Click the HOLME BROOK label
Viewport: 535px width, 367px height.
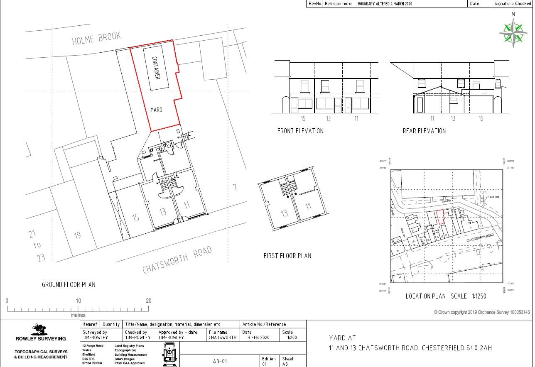96,38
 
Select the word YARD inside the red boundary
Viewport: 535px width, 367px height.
156,110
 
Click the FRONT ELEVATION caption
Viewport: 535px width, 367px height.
300,131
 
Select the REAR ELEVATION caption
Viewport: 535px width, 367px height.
424,131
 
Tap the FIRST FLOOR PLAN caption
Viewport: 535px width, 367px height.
287,256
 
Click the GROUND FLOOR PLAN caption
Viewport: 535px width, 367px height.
69,285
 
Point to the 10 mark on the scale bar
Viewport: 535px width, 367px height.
78,301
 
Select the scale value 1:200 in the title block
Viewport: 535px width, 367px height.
292,338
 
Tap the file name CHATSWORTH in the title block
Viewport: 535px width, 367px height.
222,338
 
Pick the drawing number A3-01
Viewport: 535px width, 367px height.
220,362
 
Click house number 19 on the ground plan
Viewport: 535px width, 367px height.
77,236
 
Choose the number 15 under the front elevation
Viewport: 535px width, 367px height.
303,119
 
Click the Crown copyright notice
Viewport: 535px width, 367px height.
482,312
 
